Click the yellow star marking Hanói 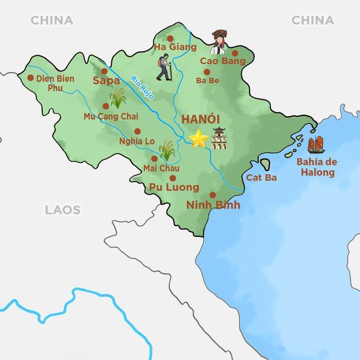click(x=198, y=139)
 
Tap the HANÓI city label click(x=200, y=120)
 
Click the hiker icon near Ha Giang click(x=164, y=67)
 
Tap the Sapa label click(x=106, y=81)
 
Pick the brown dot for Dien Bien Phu click(x=30, y=78)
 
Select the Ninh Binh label click(x=213, y=205)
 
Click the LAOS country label click(x=62, y=210)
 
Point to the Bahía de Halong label click(x=317, y=167)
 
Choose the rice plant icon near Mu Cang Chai click(x=118, y=98)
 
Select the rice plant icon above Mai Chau click(x=167, y=149)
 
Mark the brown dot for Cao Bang click(x=235, y=53)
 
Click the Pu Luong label click(x=174, y=187)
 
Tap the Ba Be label click(x=207, y=80)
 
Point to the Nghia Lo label click(x=137, y=141)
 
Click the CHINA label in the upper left click(x=52, y=20)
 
